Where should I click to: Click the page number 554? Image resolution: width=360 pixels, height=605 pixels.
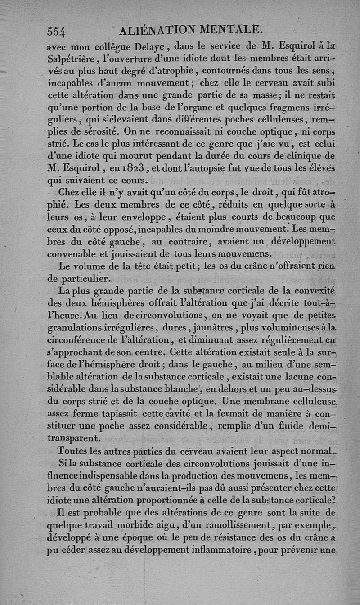[56, 31]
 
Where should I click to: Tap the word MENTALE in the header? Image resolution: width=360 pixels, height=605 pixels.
[230, 30]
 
